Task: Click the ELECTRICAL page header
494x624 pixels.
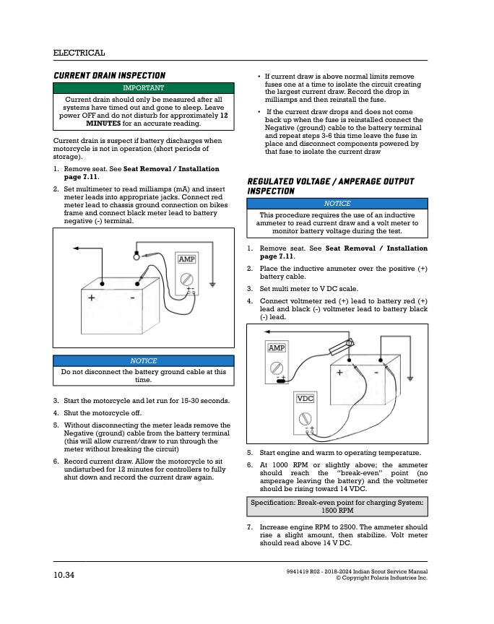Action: tap(79, 53)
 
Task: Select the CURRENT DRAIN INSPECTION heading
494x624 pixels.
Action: tap(110, 76)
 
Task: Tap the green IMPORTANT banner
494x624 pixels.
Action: tap(143, 88)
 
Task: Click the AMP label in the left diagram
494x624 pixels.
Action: tap(186, 259)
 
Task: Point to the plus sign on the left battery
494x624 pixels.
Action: tap(92, 298)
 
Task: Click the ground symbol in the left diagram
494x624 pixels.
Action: tap(212, 285)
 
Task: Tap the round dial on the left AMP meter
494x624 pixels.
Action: tap(186, 279)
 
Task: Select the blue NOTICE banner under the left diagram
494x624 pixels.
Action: tap(143, 361)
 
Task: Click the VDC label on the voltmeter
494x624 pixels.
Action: tap(305, 399)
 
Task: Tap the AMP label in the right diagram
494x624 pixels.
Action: tap(277, 348)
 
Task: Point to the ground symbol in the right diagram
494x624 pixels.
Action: tap(410, 378)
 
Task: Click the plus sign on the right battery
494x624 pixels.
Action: tap(339, 373)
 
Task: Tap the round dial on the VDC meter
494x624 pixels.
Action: tap(305, 419)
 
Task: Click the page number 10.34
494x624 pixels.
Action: tap(64, 575)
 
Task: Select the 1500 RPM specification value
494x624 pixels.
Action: tap(337, 510)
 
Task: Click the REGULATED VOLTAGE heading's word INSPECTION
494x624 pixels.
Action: tap(271, 191)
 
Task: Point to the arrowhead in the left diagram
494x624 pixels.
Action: tap(76, 248)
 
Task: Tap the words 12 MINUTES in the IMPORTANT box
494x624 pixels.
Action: tap(157, 119)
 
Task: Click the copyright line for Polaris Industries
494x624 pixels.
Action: tap(382, 578)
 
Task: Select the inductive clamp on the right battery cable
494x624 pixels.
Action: tap(342, 347)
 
